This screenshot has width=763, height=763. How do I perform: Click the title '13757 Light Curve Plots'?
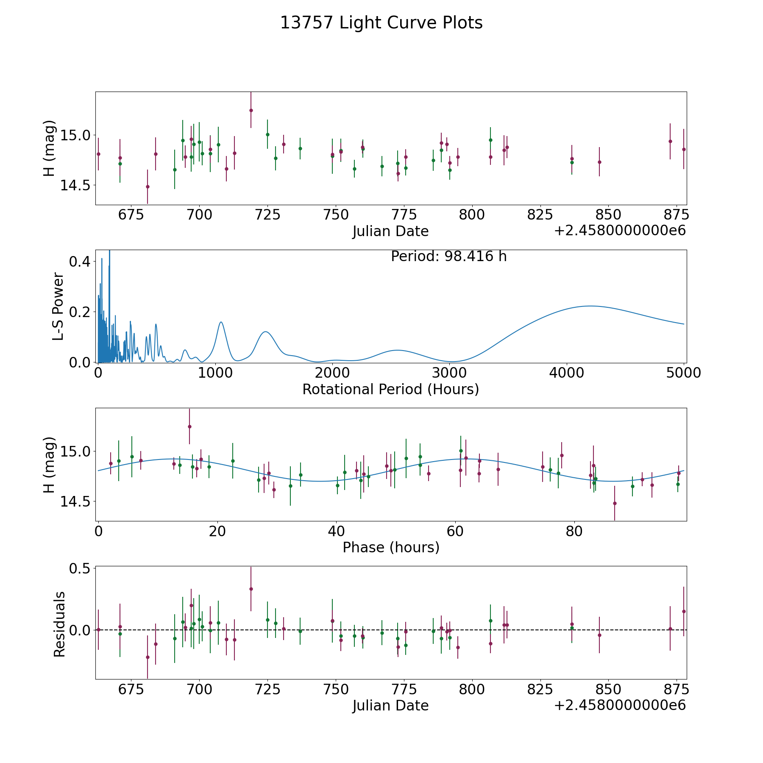point(381,23)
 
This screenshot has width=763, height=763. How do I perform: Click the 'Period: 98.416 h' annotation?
point(449,256)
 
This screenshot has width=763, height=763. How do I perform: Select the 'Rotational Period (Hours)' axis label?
point(391,389)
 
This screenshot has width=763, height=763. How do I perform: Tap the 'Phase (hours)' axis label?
point(391,547)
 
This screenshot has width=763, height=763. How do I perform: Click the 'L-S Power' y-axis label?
point(58,306)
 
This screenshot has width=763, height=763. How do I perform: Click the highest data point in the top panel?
point(251,110)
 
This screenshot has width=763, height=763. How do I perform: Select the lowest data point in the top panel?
point(148,187)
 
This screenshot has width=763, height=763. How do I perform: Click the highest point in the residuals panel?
point(251,589)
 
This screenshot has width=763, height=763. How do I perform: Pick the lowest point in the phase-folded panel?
point(615,503)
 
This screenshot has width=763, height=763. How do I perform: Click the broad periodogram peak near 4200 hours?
point(590,306)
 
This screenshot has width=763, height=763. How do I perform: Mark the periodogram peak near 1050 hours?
point(221,322)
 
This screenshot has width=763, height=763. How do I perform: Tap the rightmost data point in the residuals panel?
point(684,611)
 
